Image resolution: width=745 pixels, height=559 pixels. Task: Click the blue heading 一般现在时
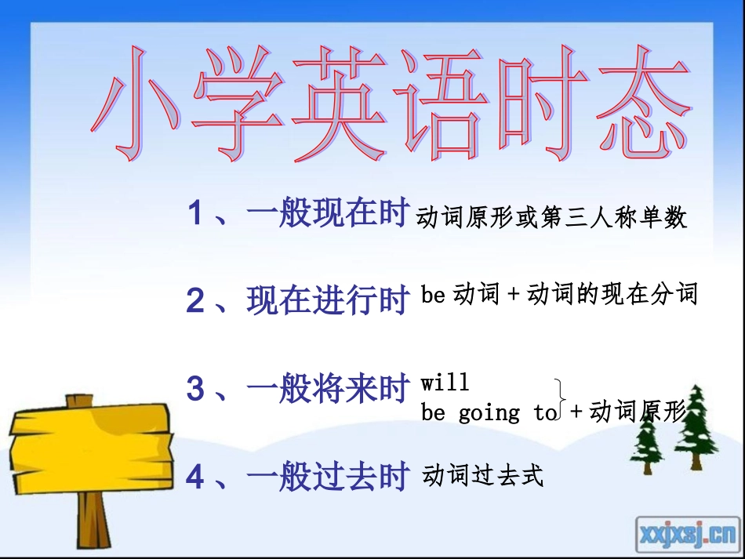[329, 213]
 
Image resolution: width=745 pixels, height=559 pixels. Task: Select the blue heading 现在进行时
[329, 300]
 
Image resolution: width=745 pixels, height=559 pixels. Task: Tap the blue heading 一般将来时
[329, 389]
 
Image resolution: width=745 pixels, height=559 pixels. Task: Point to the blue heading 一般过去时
[329, 477]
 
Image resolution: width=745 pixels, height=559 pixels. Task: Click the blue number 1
[196, 214]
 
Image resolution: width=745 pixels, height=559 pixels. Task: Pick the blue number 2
[196, 301]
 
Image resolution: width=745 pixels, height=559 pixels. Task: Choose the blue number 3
[196, 390]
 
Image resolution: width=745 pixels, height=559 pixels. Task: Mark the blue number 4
[196, 477]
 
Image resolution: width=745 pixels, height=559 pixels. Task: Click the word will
[445, 383]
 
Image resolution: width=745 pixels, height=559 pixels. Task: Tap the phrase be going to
[489, 412]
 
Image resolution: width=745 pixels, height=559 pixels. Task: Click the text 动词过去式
[482, 475]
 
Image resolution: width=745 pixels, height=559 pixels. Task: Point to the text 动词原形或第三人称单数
[552, 217]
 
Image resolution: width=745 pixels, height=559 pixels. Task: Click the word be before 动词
[433, 295]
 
